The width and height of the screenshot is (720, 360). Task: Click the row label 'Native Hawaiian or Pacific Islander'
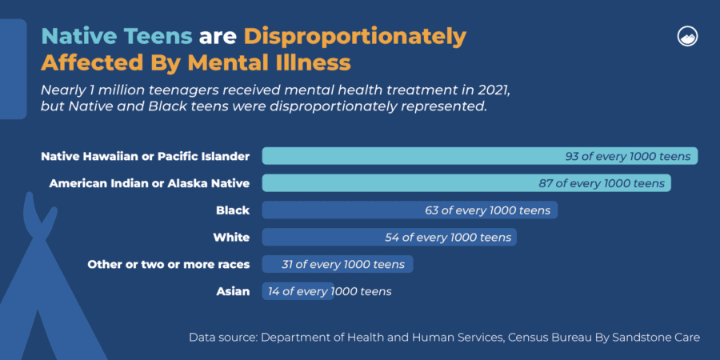tap(146, 157)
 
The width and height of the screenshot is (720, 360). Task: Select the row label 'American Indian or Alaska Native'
tap(150, 184)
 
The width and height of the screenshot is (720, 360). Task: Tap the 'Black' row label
tap(233, 210)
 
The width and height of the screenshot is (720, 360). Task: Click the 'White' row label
tap(231, 238)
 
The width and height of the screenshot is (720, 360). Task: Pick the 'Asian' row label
tap(233, 291)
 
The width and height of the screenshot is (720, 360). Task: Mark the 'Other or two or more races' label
tap(168, 264)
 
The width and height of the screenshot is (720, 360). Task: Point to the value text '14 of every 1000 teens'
tap(330, 291)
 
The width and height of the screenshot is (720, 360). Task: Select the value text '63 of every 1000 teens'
tap(488, 210)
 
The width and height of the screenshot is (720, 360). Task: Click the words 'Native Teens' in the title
tap(117, 37)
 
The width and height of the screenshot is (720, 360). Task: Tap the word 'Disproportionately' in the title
tap(354, 37)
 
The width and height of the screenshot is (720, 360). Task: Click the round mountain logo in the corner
tap(686, 36)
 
